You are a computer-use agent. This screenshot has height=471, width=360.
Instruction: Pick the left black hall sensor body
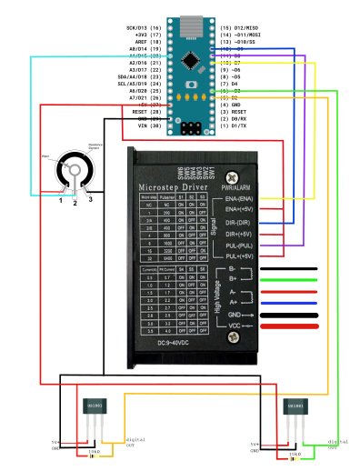coord(95,406)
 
